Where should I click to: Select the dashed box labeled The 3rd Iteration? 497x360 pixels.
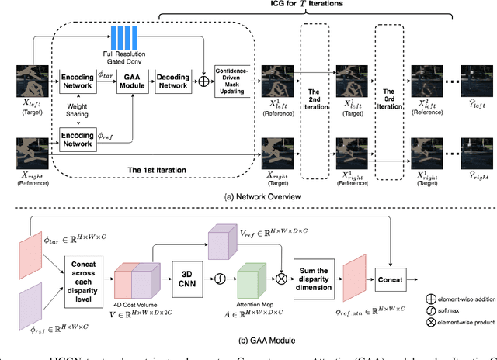(x=391, y=101)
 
